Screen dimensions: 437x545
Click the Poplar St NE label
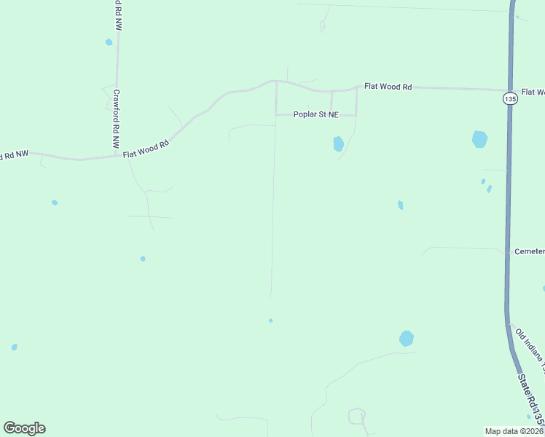click(316, 114)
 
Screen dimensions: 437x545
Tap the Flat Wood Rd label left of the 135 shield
click(388, 87)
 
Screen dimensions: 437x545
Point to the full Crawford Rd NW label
click(117, 120)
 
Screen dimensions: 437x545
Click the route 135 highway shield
click(510, 98)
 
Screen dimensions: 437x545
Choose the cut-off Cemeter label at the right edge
click(529, 251)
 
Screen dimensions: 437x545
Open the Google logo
click(24, 428)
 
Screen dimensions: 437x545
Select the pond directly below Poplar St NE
click(338, 143)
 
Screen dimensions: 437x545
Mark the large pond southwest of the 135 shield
click(479, 139)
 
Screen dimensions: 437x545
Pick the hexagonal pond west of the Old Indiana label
click(407, 339)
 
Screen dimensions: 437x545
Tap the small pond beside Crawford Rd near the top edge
click(109, 42)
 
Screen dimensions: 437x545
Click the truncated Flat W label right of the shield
click(533, 92)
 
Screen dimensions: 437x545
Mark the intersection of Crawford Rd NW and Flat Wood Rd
click(117, 155)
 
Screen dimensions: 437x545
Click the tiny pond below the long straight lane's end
click(270, 320)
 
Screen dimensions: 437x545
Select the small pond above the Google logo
click(15, 347)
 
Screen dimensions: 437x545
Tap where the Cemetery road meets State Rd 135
click(507, 252)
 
